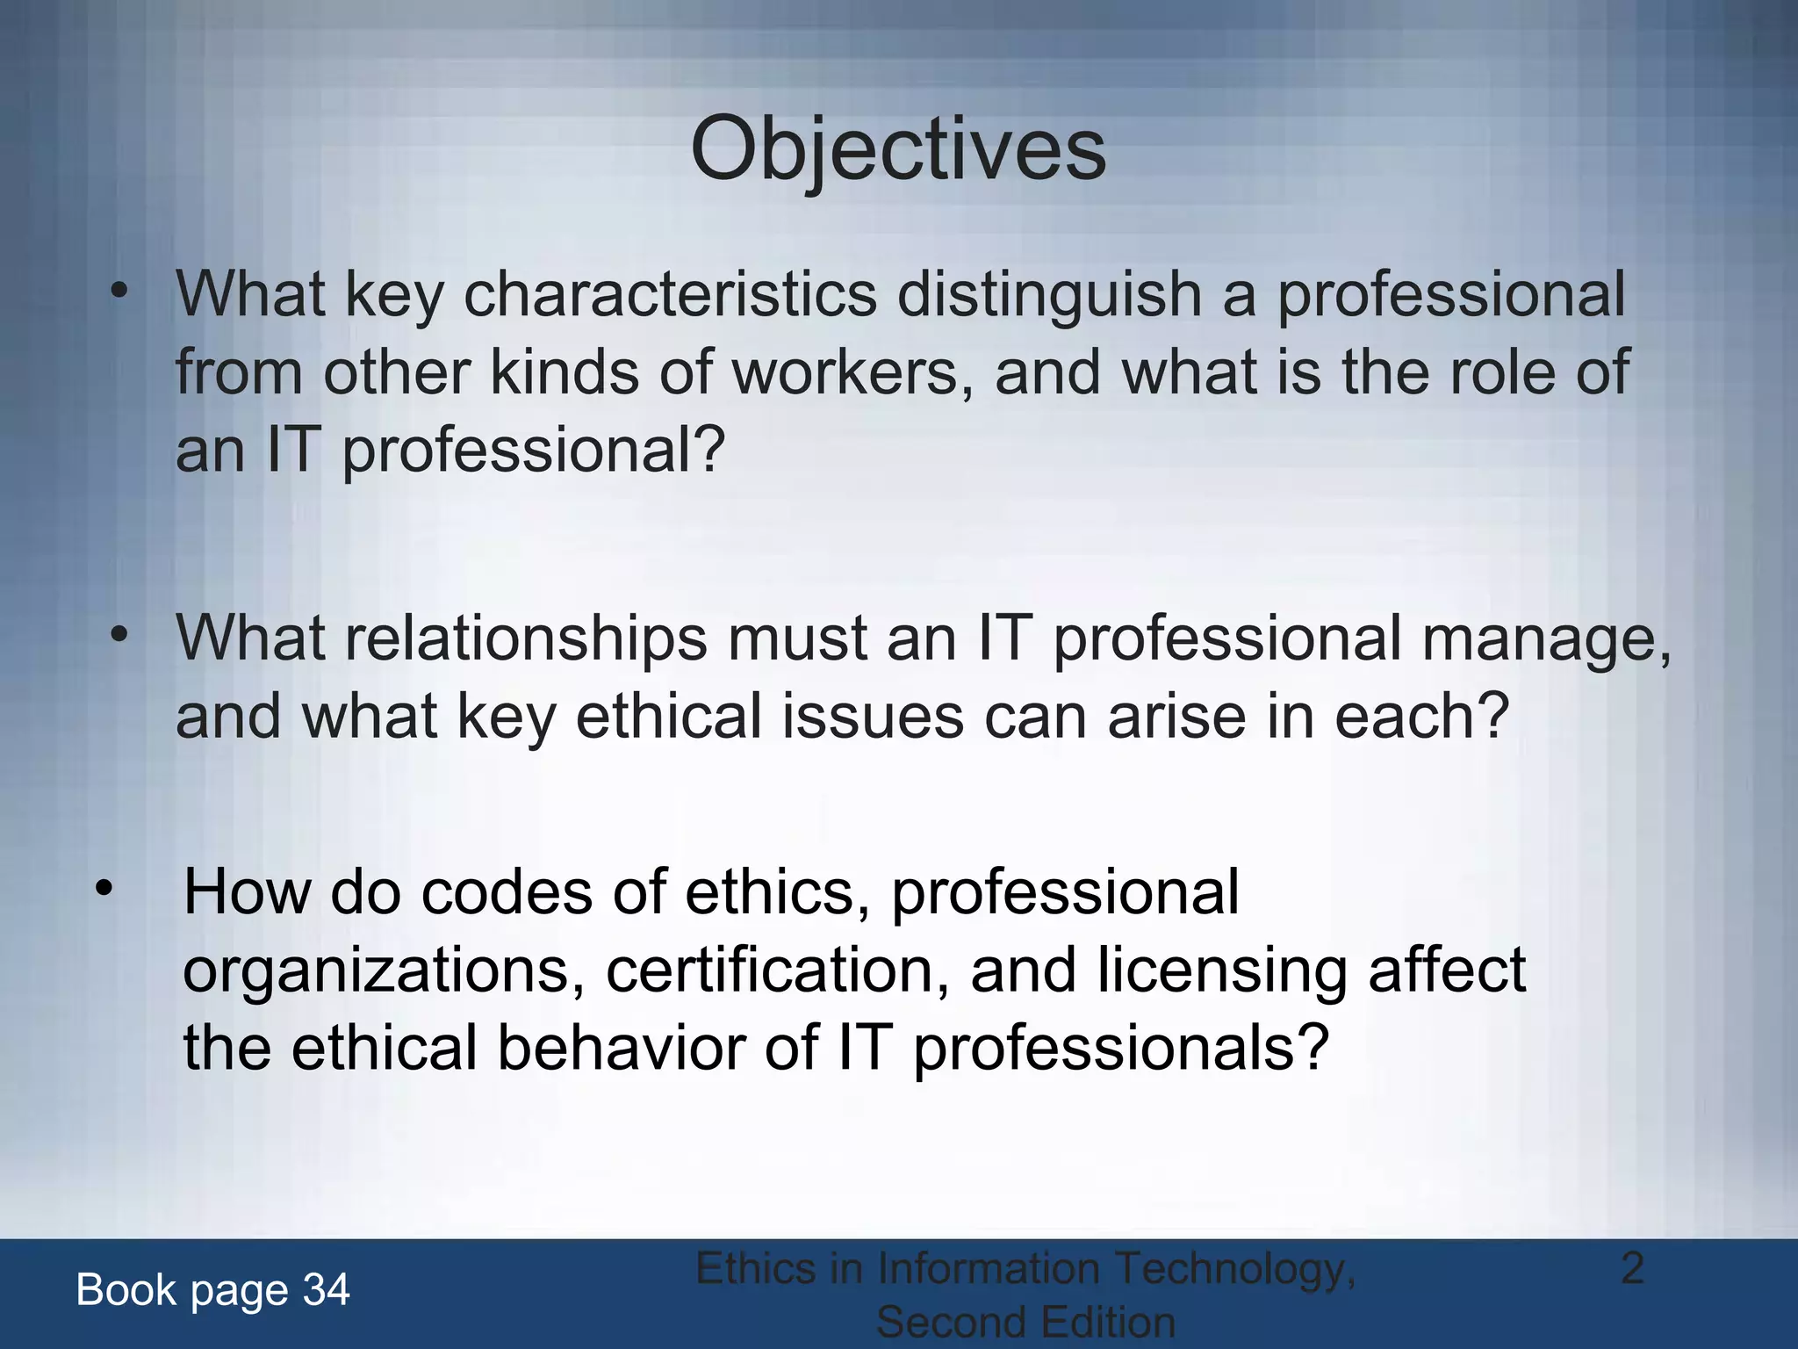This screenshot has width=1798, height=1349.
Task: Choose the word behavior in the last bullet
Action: coord(622,1048)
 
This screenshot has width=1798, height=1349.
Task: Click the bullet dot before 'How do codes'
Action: coord(104,889)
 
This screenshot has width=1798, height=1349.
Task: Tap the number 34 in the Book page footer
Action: coord(326,1290)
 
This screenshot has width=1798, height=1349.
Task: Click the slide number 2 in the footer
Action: coord(1632,1268)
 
